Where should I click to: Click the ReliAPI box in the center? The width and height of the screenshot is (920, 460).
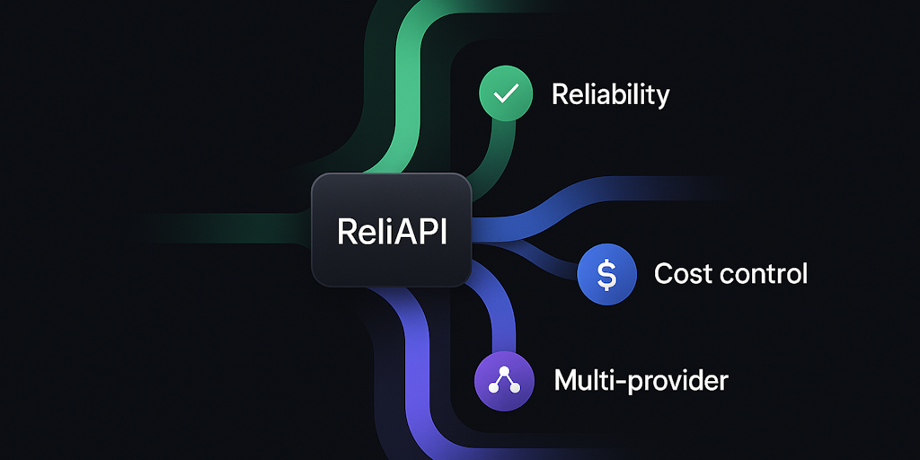(392, 230)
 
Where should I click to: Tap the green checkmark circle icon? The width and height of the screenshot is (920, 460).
(505, 94)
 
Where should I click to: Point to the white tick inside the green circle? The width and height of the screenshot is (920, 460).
(505, 94)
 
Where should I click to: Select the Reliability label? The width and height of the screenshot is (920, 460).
(610, 94)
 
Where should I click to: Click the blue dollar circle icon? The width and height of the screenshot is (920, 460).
(606, 273)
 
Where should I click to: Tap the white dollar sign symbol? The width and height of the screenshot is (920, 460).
(606, 273)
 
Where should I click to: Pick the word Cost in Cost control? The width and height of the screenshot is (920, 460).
(677, 273)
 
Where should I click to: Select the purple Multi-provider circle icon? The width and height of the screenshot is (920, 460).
(500, 380)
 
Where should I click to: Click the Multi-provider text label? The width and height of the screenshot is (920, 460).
(641, 381)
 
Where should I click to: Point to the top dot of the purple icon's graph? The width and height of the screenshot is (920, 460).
(500, 372)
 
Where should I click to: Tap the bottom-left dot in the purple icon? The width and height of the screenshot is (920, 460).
(491, 387)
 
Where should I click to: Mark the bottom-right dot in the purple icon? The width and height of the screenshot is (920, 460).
(509, 387)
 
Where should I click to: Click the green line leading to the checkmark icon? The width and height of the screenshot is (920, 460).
(500, 153)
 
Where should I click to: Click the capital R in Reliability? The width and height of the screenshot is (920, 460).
(559, 94)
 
